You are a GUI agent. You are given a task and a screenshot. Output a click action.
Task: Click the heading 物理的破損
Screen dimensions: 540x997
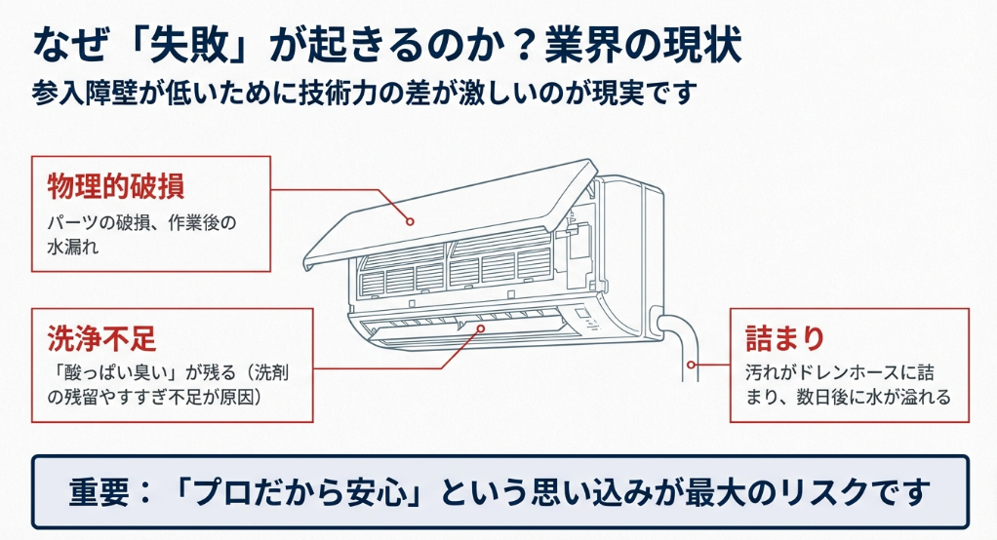pos(116,185)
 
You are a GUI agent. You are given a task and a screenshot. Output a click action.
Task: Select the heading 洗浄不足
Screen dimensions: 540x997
pos(102,339)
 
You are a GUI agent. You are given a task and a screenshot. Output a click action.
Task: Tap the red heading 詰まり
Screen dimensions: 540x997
pos(785,339)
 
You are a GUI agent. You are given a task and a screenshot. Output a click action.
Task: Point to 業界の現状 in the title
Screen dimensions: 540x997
pos(645,43)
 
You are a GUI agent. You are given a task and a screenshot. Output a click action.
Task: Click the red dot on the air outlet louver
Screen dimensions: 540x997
pos(481,330)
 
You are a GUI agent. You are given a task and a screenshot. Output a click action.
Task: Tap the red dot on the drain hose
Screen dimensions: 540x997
pos(690,367)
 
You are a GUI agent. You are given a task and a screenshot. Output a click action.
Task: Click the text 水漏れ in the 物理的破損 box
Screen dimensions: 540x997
pos(73,249)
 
